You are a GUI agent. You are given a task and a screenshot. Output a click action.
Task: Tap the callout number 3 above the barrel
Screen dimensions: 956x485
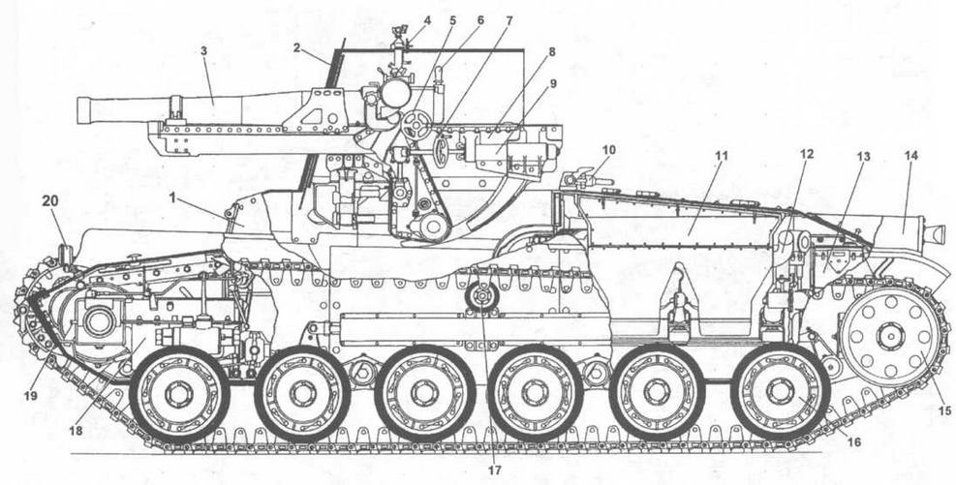tap(204, 51)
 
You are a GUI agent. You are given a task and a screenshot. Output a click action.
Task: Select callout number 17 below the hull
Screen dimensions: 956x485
tap(494, 470)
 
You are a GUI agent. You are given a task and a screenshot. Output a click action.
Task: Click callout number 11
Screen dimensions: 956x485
tap(722, 156)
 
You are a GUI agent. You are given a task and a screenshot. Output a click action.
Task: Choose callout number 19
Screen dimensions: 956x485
tap(31, 395)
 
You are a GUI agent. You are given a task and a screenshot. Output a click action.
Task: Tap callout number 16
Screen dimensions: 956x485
tap(854, 441)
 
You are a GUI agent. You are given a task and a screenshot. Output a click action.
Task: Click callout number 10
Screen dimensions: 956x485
tap(608, 150)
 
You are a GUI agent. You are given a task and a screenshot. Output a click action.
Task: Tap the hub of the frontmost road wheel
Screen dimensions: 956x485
tap(179, 393)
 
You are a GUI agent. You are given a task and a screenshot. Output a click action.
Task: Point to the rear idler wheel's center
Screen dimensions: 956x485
tap(891, 336)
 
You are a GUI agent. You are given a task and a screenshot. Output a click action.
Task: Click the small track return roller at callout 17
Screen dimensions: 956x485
tap(482, 297)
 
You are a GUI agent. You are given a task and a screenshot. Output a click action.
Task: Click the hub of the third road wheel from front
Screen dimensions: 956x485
tap(424, 393)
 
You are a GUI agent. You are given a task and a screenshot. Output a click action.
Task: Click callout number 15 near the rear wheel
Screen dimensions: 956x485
tap(944, 411)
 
